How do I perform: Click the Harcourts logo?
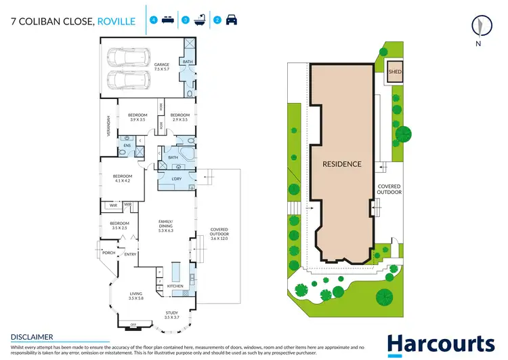pos(440,344)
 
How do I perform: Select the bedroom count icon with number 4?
pos(154,20)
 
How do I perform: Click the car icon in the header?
pos(231,20)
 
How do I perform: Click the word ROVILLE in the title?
pos(117,21)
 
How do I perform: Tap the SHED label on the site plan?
pos(394,71)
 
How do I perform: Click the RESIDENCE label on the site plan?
pos(341,164)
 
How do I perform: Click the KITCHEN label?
pos(175,287)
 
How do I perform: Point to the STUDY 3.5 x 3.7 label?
pos(171,315)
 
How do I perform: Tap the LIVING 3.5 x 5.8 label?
pos(136,296)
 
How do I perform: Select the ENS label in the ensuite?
pos(127,146)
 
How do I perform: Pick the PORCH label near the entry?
pos(107,253)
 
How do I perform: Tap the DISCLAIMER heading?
pos(32,336)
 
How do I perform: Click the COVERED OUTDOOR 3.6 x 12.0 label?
pos(219,234)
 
